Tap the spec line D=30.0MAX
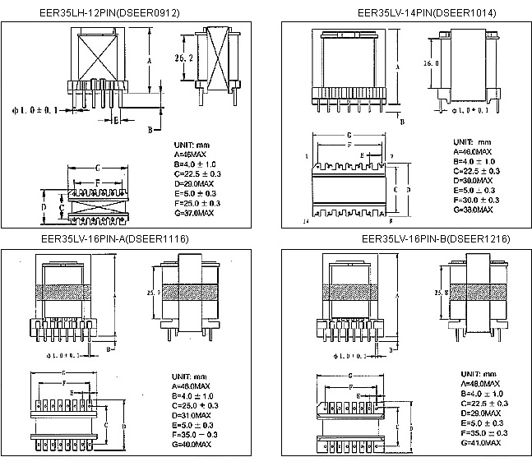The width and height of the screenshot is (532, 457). (473, 180)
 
